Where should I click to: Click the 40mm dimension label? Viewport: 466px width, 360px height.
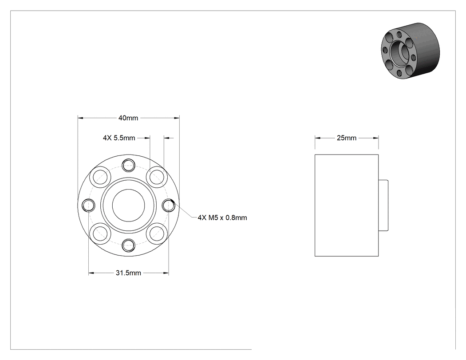click(128, 118)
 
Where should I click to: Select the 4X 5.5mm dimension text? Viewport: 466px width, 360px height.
click(119, 138)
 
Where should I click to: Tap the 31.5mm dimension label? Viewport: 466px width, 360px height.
click(128, 273)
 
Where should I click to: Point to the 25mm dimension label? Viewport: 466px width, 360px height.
click(347, 138)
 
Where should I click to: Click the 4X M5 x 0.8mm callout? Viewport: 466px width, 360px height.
click(222, 218)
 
